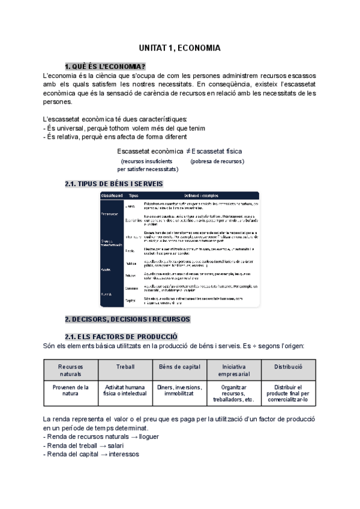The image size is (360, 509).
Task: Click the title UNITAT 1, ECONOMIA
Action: (179, 47)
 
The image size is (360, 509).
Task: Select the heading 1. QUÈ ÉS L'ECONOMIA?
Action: (106, 66)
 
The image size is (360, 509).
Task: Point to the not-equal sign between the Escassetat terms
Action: (188, 151)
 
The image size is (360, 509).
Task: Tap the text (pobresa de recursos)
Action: (217, 161)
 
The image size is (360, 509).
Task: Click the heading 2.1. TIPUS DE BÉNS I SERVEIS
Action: (113, 184)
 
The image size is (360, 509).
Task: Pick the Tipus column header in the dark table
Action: (134, 196)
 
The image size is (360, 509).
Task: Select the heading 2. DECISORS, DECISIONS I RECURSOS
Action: (127, 319)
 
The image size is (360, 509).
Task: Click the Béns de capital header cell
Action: (178, 366)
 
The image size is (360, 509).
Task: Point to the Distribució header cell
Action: (289, 366)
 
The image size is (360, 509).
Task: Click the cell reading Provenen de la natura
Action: (71, 391)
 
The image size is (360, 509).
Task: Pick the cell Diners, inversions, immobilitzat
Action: (178, 391)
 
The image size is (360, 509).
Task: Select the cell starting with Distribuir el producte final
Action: (289, 394)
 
